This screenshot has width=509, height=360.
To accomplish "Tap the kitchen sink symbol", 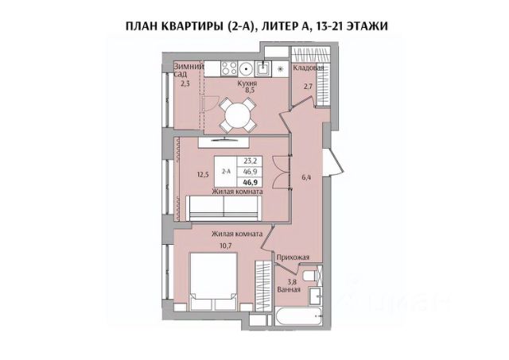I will (x=262, y=67).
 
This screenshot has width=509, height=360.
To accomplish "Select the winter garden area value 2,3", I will (x=185, y=82).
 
